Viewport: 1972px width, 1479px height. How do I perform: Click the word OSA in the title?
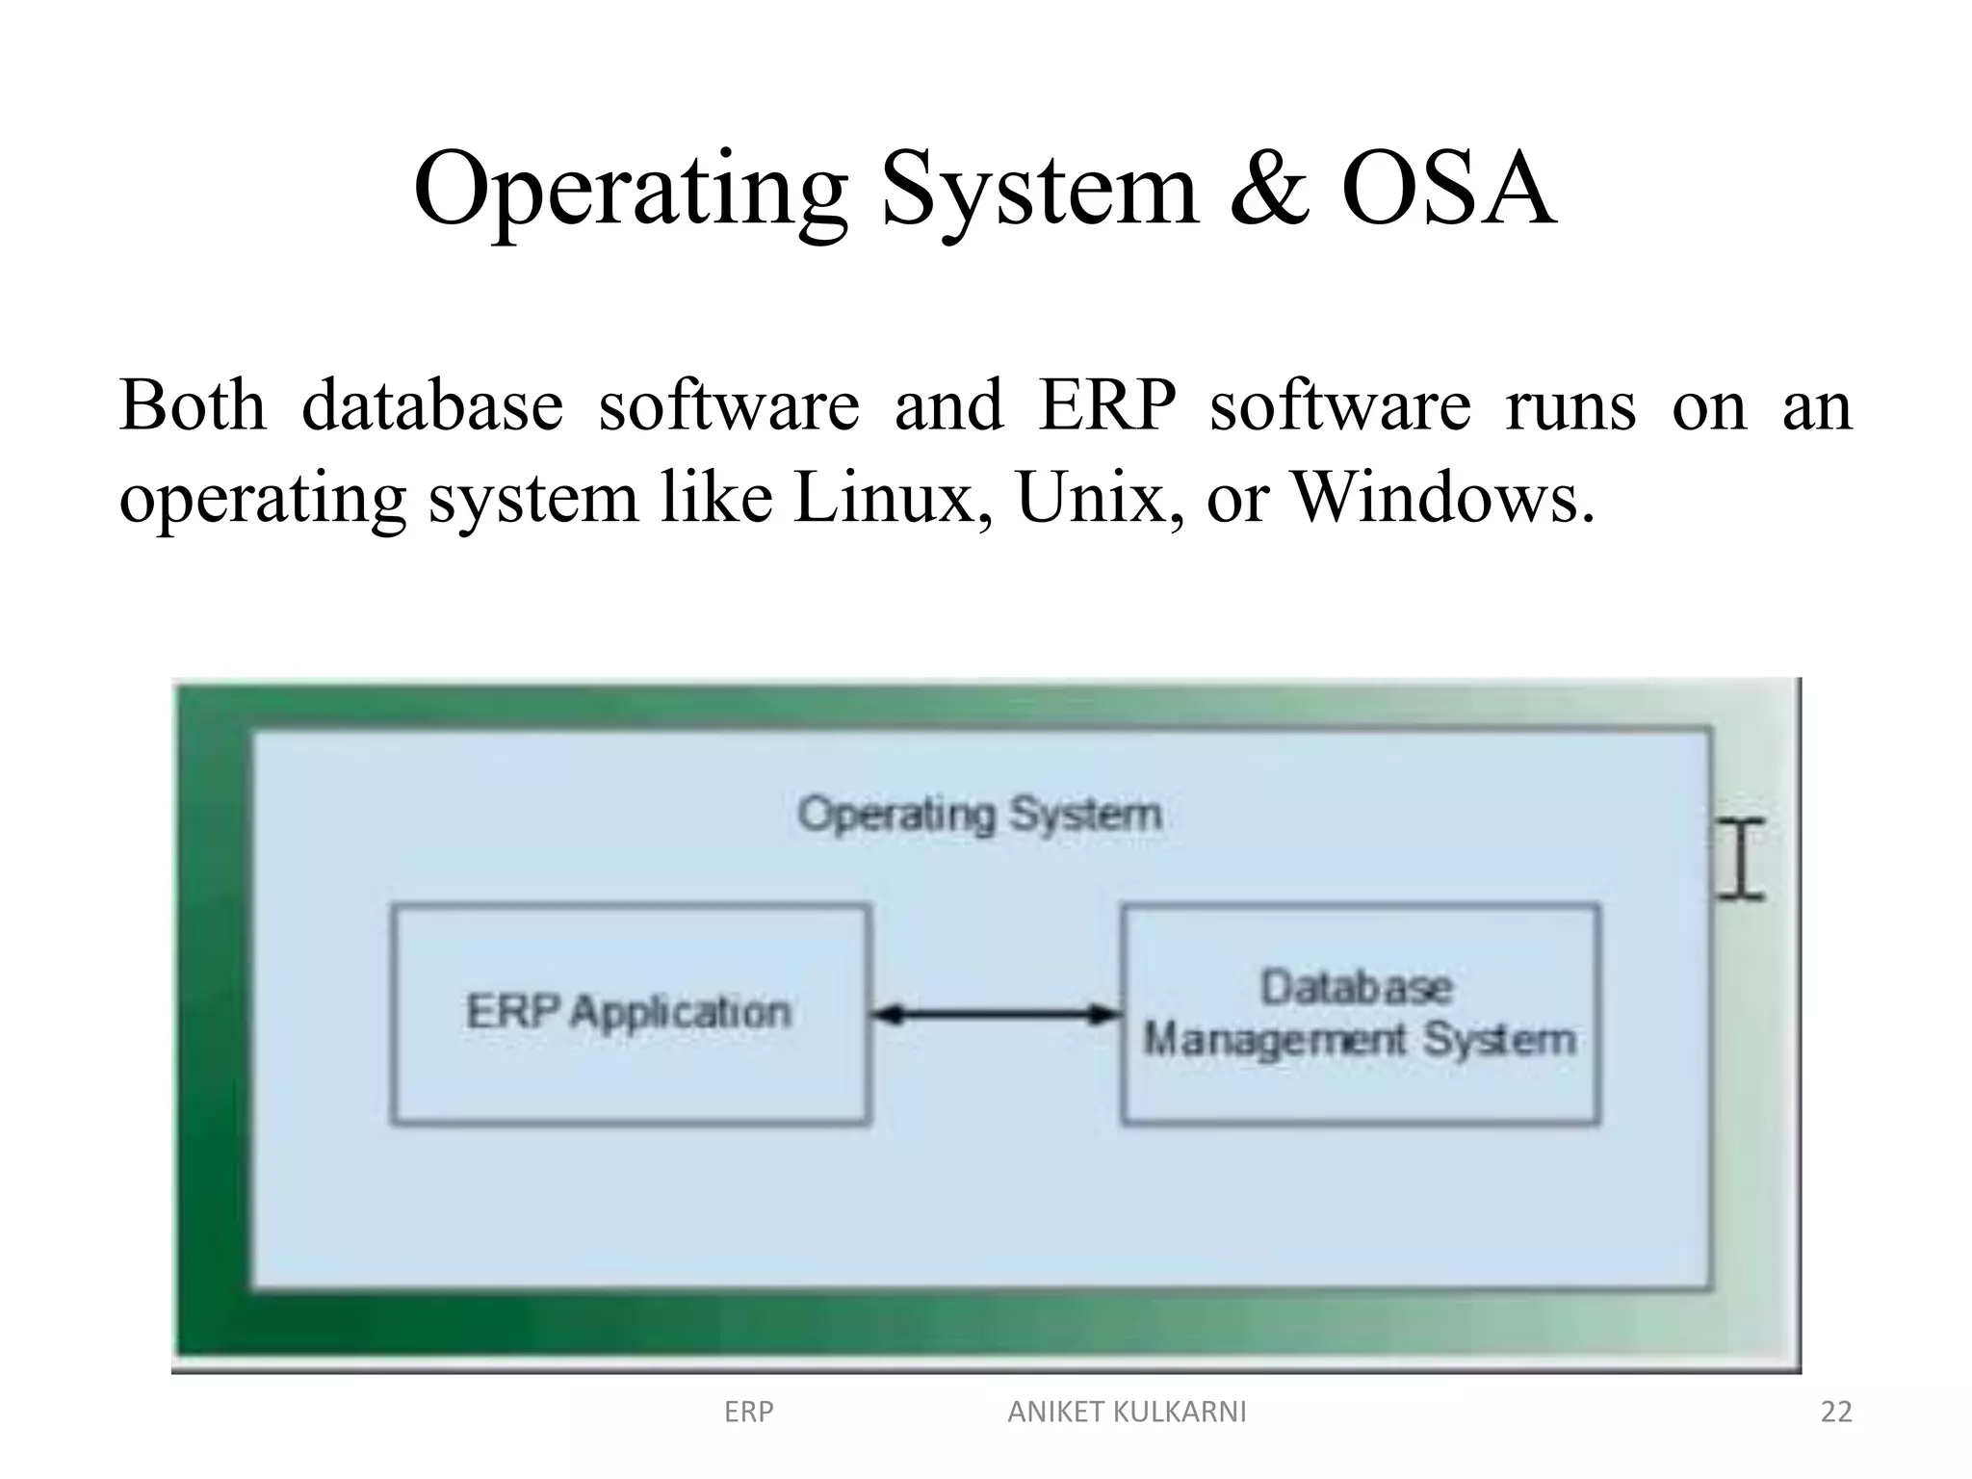(x=1446, y=190)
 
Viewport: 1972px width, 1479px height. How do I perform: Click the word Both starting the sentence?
(x=193, y=405)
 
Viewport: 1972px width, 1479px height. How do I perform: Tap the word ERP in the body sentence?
(x=1107, y=405)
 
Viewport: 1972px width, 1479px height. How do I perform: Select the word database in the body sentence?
(x=432, y=405)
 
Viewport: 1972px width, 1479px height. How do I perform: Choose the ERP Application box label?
(x=629, y=1012)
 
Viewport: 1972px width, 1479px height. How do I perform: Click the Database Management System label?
(x=1359, y=1013)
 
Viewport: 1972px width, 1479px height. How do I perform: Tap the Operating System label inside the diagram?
(x=979, y=816)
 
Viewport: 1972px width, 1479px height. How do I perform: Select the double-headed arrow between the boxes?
(x=996, y=1014)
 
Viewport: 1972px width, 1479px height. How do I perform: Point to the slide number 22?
(x=1835, y=1412)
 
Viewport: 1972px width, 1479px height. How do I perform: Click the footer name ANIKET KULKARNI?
(x=1126, y=1412)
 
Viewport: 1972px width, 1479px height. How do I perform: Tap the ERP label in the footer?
(x=748, y=1412)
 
